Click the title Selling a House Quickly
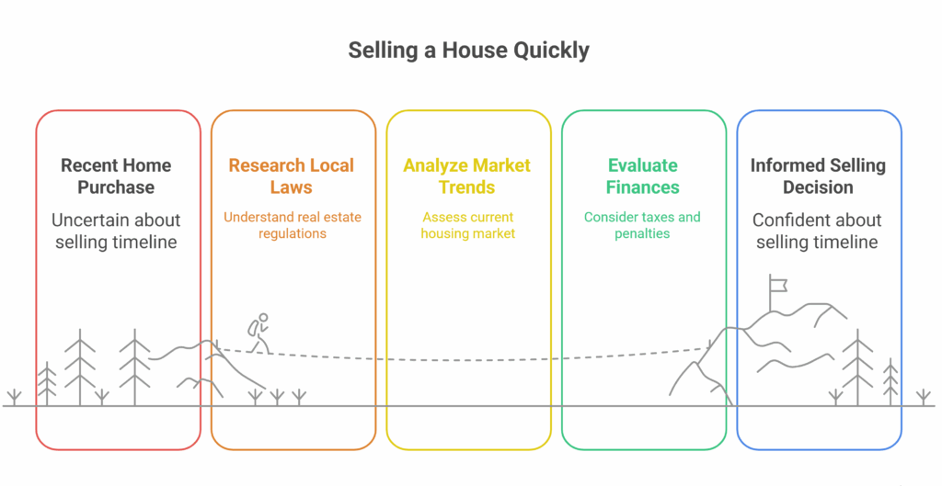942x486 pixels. [x=468, y=50]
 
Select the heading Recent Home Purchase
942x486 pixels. [x=117, y=176]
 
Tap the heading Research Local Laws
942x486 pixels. [x=292, y=176]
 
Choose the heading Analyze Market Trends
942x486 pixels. [x=467, y=176]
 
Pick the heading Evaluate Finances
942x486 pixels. [x=642, y=176]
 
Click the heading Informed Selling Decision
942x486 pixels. [x=818, y=176]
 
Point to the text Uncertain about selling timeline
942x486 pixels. [x=116, y=232]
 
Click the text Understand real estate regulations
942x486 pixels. [x=292, y=225]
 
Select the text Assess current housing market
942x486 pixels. [x=467, y=225]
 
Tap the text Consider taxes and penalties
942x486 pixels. [x=642, y=225]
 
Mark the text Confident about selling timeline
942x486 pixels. [x=817, y=232]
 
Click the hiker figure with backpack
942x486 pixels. [x=258, y=333]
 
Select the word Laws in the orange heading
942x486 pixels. [x=292, y=187]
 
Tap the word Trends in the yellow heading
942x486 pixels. [x=467, y=187]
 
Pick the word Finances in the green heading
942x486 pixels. [x=642, y=187]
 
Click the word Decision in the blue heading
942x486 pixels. [x=818, y=187]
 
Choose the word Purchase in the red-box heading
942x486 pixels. [x=117, y=187]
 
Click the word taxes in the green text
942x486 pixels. [x=656, y=218]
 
